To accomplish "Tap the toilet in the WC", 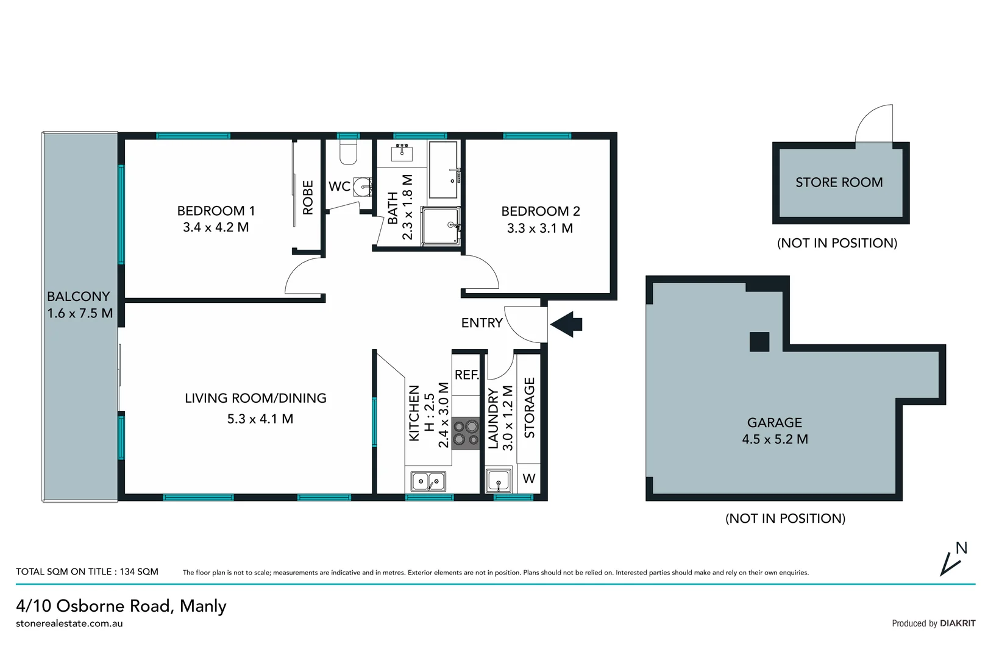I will (x=348, y=152).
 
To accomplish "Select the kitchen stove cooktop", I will (x=466, y=433).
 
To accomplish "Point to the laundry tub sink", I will (x=499, y=481).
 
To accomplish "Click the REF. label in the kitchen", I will (x=467, y=375).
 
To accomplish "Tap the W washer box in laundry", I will (x=529, y=479).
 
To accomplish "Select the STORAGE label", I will (x=530, y=408).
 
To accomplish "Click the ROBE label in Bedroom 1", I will (x=308, y=197).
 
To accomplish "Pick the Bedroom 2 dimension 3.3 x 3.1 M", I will (x=539, y=228).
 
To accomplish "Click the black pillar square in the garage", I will (x=759, y=342).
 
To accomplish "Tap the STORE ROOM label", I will (x=839, y=182).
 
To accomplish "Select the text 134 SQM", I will (x=139, y=571).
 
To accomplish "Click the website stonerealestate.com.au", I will (x=69, y=623).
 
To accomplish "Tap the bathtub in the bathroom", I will (x=442, y=170).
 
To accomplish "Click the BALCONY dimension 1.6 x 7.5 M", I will (x=80, y=314).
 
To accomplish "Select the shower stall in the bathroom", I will (x=440, y=226).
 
